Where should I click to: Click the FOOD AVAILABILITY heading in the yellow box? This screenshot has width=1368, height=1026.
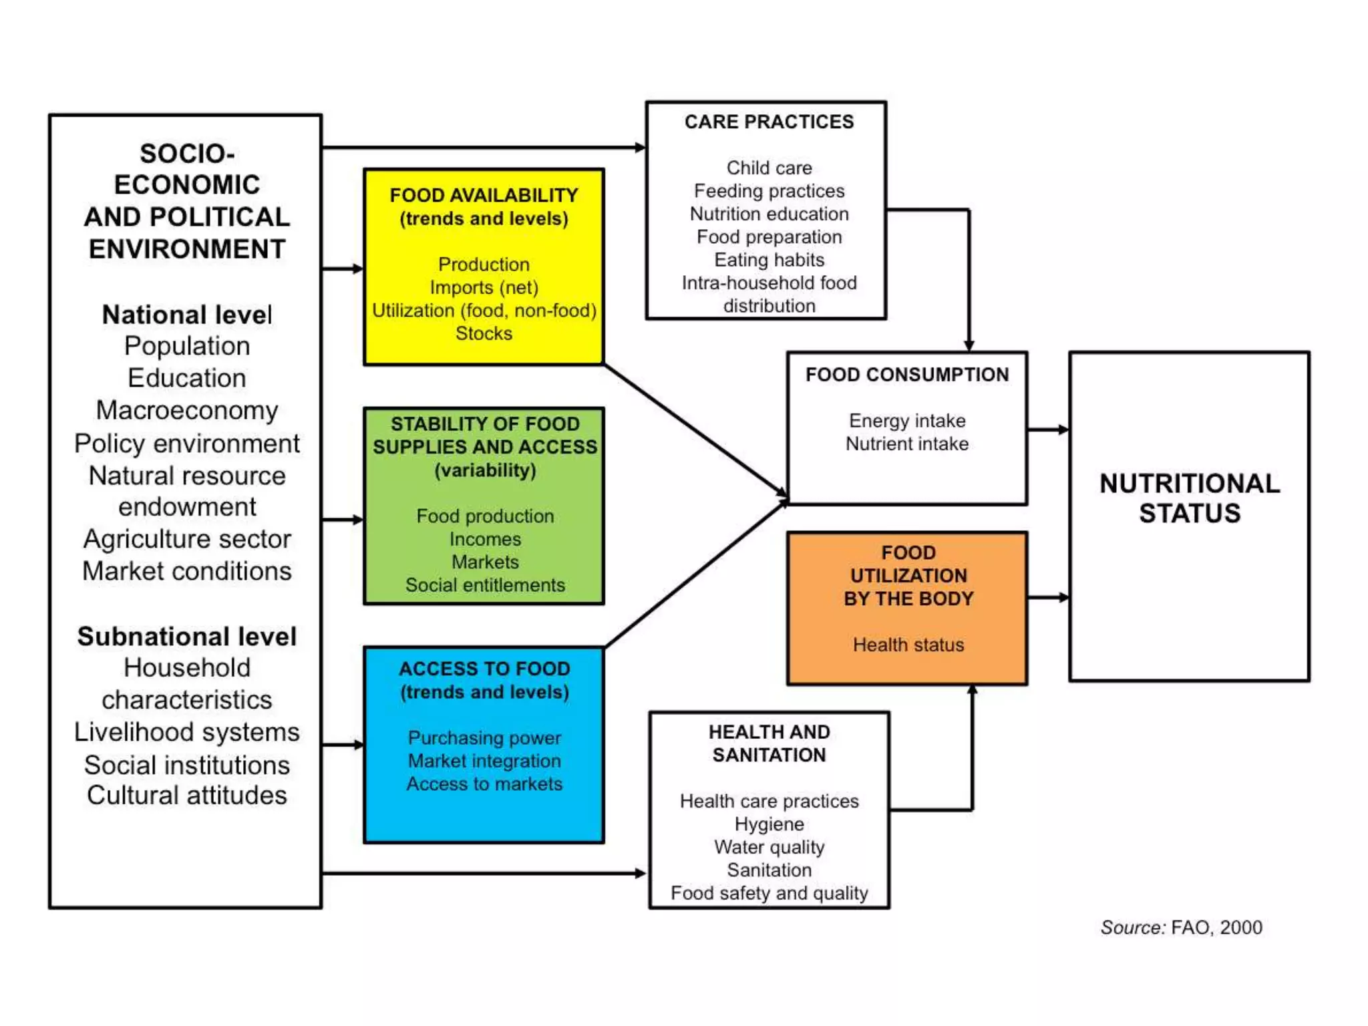[x=484, y=195]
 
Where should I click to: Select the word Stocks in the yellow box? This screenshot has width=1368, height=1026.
[x=484, y=333]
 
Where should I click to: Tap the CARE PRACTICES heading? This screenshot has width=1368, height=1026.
[x=769, y=122]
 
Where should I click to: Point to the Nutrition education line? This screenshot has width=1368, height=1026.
[x=769, y=214]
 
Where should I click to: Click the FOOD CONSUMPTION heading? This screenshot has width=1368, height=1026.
[x=906, y=375]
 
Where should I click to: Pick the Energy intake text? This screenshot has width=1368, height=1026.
[x=906, y=421]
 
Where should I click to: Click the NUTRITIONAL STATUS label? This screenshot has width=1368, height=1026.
[x=1189, y=498]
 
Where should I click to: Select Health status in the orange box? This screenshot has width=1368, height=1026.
[x=908, y=645]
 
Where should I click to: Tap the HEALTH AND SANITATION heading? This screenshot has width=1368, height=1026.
[x=769, y=743]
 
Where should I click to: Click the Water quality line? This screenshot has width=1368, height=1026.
[x=769, y=847]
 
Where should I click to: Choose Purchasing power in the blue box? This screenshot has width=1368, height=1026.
[x=484, y=738]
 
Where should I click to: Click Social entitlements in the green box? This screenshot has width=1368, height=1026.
[x=485, y=585]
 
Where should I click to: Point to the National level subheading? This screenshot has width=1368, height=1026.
[x=187, y=315]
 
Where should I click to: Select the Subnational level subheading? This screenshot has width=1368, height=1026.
[x=187, y=637]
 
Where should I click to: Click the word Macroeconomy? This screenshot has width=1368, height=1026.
[x=187, y=410]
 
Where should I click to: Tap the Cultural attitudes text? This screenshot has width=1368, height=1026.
[x=187, y=796]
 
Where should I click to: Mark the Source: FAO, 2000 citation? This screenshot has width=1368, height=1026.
[x=1181, y=927]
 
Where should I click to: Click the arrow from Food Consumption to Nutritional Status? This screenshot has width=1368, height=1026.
[x=1047, y=430]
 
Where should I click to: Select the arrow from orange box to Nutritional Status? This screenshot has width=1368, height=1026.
[x=1047, y=597]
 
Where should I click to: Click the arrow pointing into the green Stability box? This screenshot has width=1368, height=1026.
[x=343, y=519]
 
